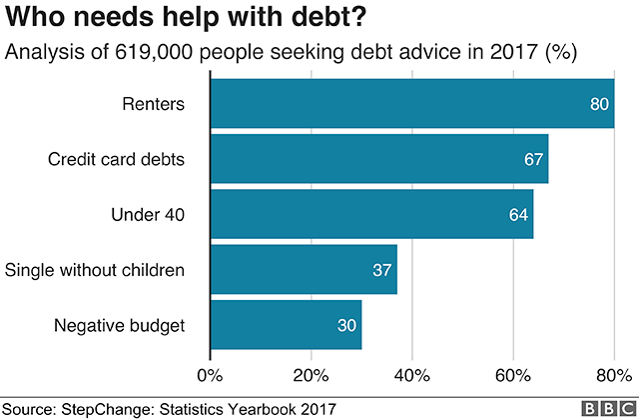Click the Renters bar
point(411,104)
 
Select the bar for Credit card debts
point(379,159)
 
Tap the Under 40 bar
point(371,214)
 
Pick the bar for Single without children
point(304,269)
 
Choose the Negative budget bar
point(286,324)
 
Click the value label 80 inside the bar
point(601,104)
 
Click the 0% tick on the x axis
point(210,376)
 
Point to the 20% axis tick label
point(311,376)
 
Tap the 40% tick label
point(411,376)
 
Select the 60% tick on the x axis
point(512,376)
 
